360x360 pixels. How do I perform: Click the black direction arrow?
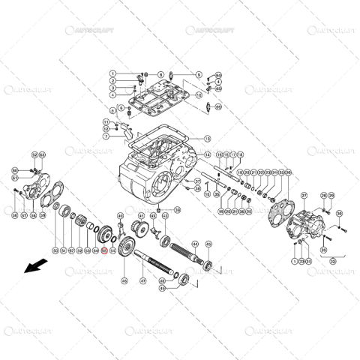(33, 267)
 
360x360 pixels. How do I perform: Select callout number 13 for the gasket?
(208, 139)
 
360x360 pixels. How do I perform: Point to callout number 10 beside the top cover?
(199, 96)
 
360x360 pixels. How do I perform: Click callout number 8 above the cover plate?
(160, 75)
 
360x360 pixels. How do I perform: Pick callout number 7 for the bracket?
(106, 137)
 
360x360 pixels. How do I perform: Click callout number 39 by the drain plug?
(177, 211)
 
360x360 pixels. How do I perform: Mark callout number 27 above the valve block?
(304, 196)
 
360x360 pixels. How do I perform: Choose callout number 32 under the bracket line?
(331, 262)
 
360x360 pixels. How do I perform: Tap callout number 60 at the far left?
(14, 171)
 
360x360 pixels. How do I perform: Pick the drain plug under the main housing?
(162, 205)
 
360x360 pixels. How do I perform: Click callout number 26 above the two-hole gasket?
(289, 172)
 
